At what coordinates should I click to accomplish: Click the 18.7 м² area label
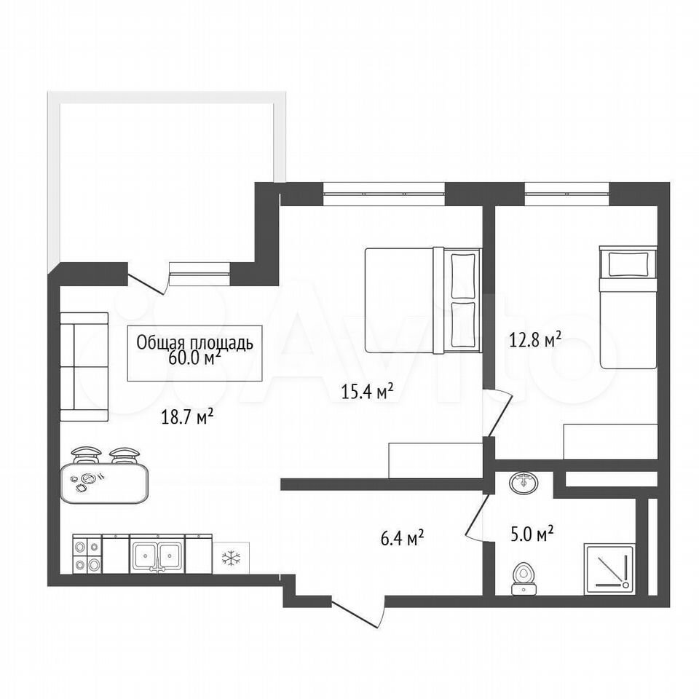pyautogui.click(x=187, y=418)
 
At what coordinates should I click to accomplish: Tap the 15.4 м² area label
pyautogui.click(x=367, y=391)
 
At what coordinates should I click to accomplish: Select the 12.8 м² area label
pyautogui.click(x=534, y=341)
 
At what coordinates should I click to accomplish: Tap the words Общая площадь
pyautogui.click(x=195, y=343)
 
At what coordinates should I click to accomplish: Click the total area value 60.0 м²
pyautogui.click(x=195, y=359)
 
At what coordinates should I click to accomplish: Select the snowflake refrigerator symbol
pyautogui.click(x=231, y=558)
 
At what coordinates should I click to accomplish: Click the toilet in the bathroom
pyautogui.click(x=524, y=578)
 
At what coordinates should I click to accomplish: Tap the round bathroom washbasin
pyautogui.click(x=524, y=482)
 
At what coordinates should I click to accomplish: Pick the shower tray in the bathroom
pyautogui.click(x=609, y=569)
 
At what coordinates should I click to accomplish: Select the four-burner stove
pyautogui.click(x=87, y=554)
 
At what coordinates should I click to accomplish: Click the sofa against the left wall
pyautogui.click(x=84, y=367)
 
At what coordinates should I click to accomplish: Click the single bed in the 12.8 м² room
pyautogui.click(x=628, y=307)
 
